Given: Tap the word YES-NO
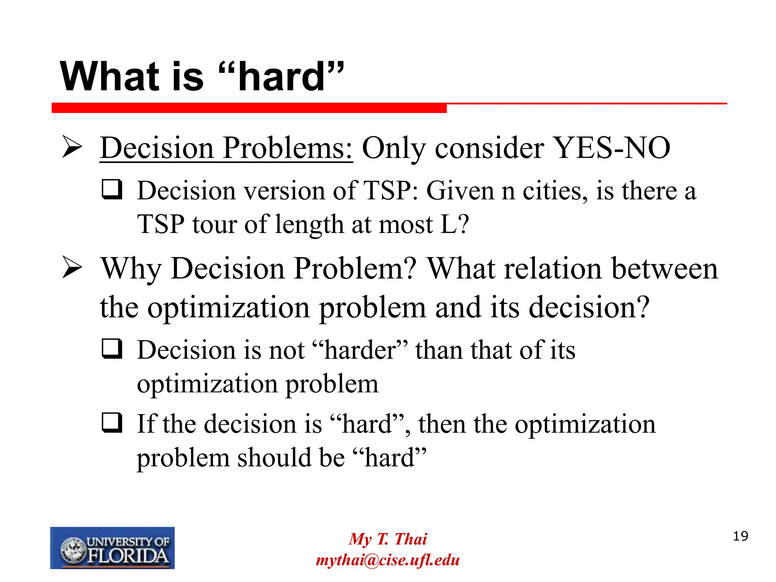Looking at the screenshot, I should pos(612,148).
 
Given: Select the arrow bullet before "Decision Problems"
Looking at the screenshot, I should pos(72,148).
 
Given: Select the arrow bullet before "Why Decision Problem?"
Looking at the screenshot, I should pos(72,268).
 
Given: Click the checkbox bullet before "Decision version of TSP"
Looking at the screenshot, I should pos(112,189).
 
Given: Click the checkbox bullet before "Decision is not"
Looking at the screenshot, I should pos(112,349).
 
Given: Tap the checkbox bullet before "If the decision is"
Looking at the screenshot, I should pos(112,422).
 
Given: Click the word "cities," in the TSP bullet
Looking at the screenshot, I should pos(555,191).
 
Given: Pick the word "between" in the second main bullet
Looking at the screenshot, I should pos(665,269).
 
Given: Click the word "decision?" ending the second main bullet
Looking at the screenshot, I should pos(589,308).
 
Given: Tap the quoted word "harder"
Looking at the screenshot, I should pos(360,350).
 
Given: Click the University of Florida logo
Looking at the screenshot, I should pos(112,548).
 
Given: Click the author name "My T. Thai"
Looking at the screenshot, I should pos(388,539).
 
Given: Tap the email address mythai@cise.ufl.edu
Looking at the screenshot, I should pos(388,560).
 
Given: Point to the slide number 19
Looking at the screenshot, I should pos(740,536).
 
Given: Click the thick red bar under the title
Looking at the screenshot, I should pos(249,108).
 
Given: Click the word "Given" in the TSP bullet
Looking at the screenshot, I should pos(460,191).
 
